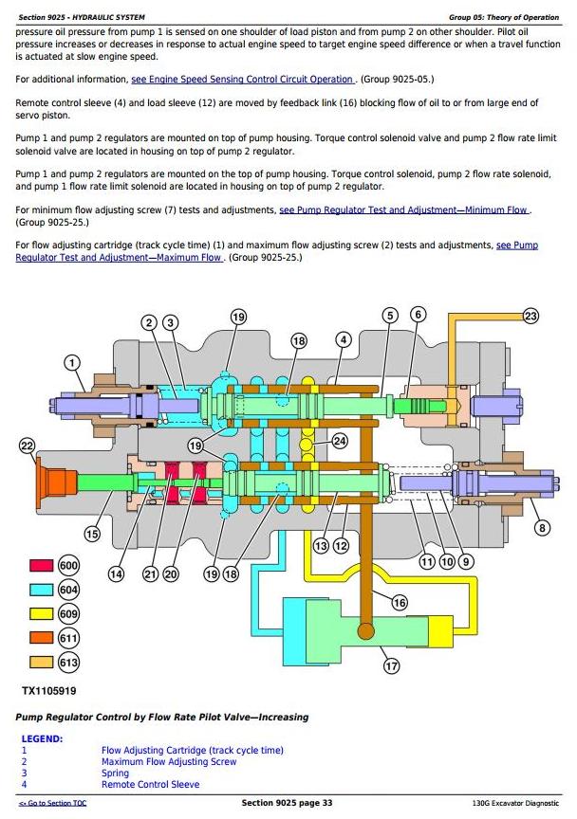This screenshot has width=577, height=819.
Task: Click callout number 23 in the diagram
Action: [530, 316]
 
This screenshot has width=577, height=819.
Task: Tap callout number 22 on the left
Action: [27, 446]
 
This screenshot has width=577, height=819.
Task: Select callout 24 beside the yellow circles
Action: [340, 442]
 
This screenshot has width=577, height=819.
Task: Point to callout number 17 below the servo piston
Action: [391, 666]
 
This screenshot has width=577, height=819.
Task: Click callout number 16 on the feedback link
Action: [400, 603]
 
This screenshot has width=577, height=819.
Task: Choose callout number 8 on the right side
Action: [542, 528]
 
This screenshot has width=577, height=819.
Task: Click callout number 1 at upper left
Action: [72, 363]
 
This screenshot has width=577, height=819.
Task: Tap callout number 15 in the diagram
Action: [92, 534]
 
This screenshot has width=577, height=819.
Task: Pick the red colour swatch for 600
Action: [42, 566]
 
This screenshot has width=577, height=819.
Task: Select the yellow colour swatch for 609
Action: [42, 613]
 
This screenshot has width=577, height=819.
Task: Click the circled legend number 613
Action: [68, 663]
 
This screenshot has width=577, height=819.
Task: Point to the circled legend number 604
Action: [68, 590]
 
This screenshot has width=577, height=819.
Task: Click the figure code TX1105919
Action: [49, 691]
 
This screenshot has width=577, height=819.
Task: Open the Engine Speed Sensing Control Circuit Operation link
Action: [243, 80]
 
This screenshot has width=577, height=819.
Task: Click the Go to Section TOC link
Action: [53, 803]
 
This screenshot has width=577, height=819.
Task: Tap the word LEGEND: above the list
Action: [42, 739]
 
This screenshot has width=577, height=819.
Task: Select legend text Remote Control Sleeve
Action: [150, 785]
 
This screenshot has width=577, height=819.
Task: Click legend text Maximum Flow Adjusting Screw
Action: [168, 762]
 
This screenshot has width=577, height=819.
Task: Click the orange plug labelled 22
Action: [55, 482]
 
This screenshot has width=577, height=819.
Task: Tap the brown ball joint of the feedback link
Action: [365, 630]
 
